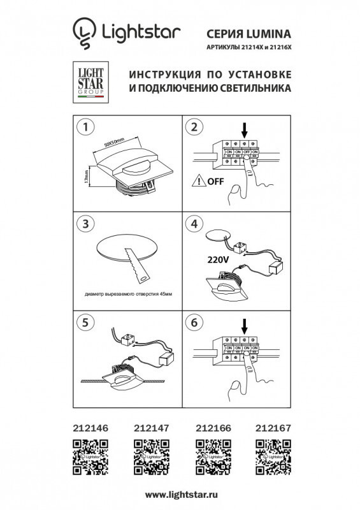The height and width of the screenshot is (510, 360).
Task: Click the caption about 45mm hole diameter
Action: [x=127, y=294]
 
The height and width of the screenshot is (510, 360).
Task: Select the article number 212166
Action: [x=210, y=430]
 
